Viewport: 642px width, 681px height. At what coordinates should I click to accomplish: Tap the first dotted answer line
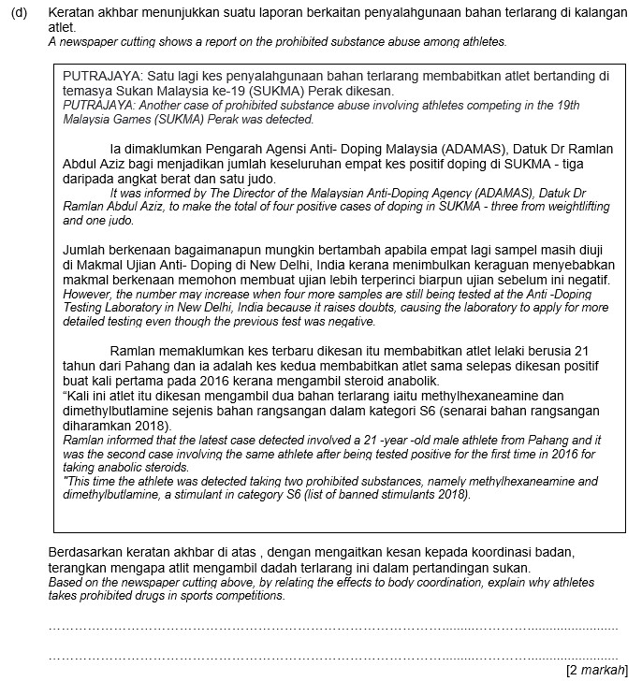tap(332, 629)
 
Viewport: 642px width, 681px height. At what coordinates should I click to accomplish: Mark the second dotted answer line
tap(332, 659)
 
